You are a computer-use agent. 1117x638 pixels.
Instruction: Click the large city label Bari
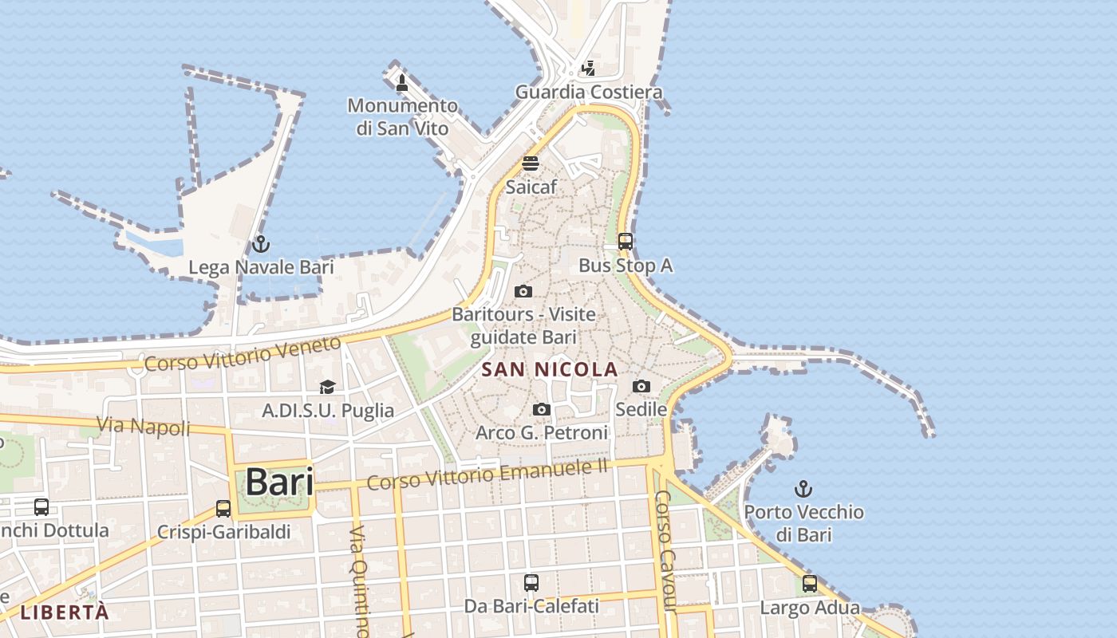279,482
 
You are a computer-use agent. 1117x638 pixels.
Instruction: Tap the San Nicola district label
550,369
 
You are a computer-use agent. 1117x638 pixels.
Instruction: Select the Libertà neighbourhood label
64,612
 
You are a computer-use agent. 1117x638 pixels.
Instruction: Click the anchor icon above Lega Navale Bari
261,244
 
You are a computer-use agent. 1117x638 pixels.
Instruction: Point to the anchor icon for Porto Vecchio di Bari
803,489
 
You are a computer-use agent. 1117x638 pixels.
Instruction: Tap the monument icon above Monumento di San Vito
402,82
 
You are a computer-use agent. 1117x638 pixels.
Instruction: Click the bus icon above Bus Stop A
626,242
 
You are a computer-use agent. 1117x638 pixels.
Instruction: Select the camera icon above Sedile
641,387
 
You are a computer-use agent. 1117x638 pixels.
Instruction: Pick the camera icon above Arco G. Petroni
542,410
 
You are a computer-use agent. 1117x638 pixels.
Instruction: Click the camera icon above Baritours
523,291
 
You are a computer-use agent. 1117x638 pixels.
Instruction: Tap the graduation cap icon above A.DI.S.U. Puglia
327,388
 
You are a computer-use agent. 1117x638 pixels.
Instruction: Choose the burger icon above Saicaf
531,163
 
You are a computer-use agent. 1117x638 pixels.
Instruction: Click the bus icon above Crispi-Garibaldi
223,509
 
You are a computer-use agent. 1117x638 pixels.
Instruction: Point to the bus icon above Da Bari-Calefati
531,583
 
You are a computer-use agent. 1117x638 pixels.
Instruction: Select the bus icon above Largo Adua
810,585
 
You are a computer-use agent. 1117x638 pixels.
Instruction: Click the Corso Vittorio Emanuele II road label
487,474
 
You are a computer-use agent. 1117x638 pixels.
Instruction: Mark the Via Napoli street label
144,426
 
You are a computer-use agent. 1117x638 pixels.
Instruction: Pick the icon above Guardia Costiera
588,69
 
